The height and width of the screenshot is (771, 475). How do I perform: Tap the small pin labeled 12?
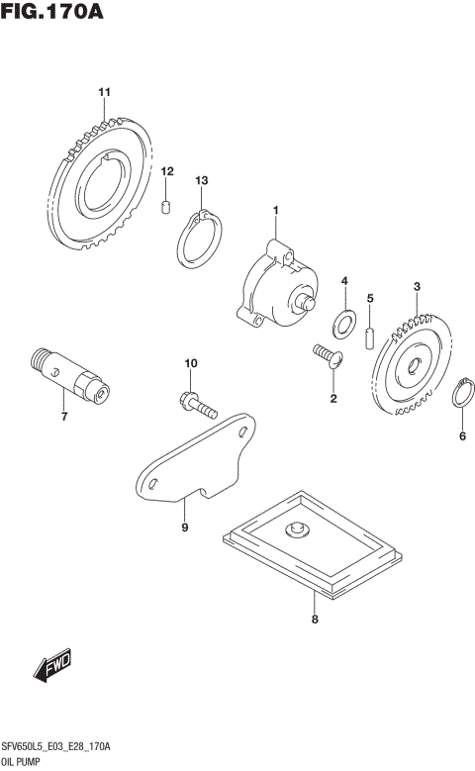tap(167, 205)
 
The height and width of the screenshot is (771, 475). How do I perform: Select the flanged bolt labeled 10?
tap(198, 404)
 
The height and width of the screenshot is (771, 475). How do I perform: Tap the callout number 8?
tap(315, 621)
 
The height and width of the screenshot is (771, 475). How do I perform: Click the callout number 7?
tap(63, 416)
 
